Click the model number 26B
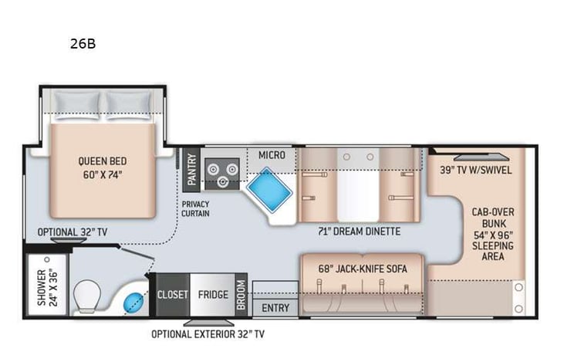(83, 44)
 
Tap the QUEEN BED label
(102, 167)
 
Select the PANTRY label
(192, 169)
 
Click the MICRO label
(272, 155)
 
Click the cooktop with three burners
(223, 173)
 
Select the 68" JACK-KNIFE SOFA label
(361, 269)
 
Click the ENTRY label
(275, 308)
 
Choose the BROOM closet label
(241, 294)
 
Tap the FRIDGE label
(212, 294)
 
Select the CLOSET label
(174, 294)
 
